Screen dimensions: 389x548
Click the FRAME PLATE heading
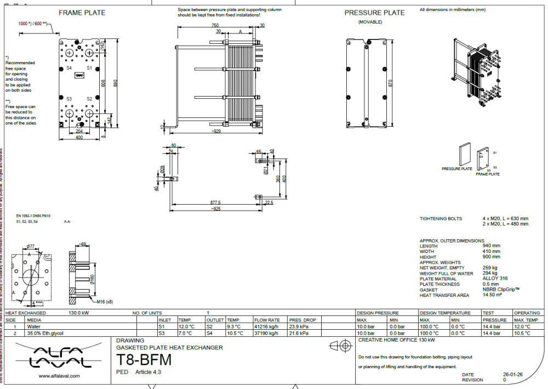[82, 13]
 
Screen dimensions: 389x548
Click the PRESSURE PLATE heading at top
[375, 13]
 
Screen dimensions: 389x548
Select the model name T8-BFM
[144, 360]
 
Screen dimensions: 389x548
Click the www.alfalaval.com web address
[60, 376]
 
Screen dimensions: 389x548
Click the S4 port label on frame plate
[69, 67]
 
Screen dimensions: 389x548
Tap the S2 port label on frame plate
[89, 99]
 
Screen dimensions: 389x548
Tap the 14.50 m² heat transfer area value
[493, 295]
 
